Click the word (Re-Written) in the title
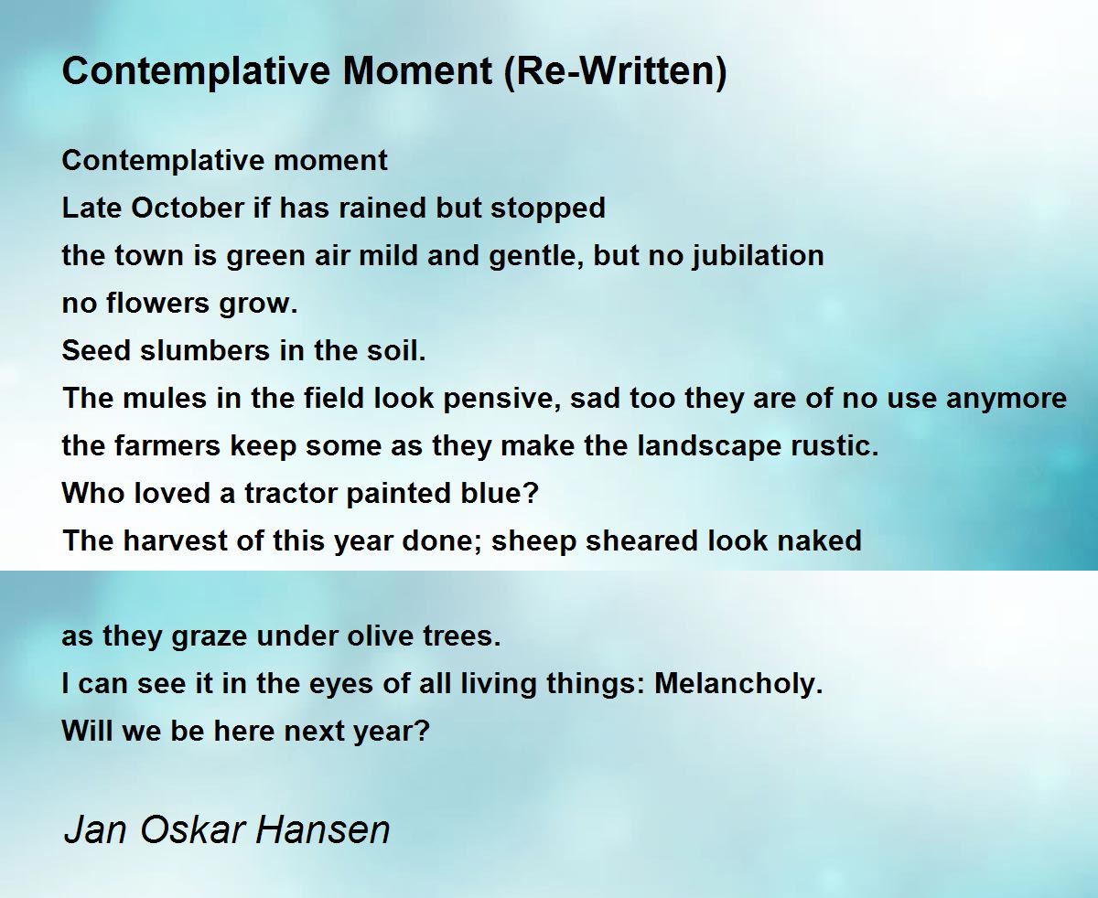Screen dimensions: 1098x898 [x=615, y=71]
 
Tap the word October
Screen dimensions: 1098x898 [x=188, y=208]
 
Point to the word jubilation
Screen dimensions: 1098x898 [x=758, y=256]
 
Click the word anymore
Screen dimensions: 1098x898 [x=1006, y=399]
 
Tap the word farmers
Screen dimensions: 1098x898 [x=167, y=446]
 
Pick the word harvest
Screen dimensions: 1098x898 [x=175, y=540]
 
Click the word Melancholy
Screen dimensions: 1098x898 [x=738, y=684]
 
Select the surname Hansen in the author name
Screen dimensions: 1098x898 [x=323, y=829]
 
